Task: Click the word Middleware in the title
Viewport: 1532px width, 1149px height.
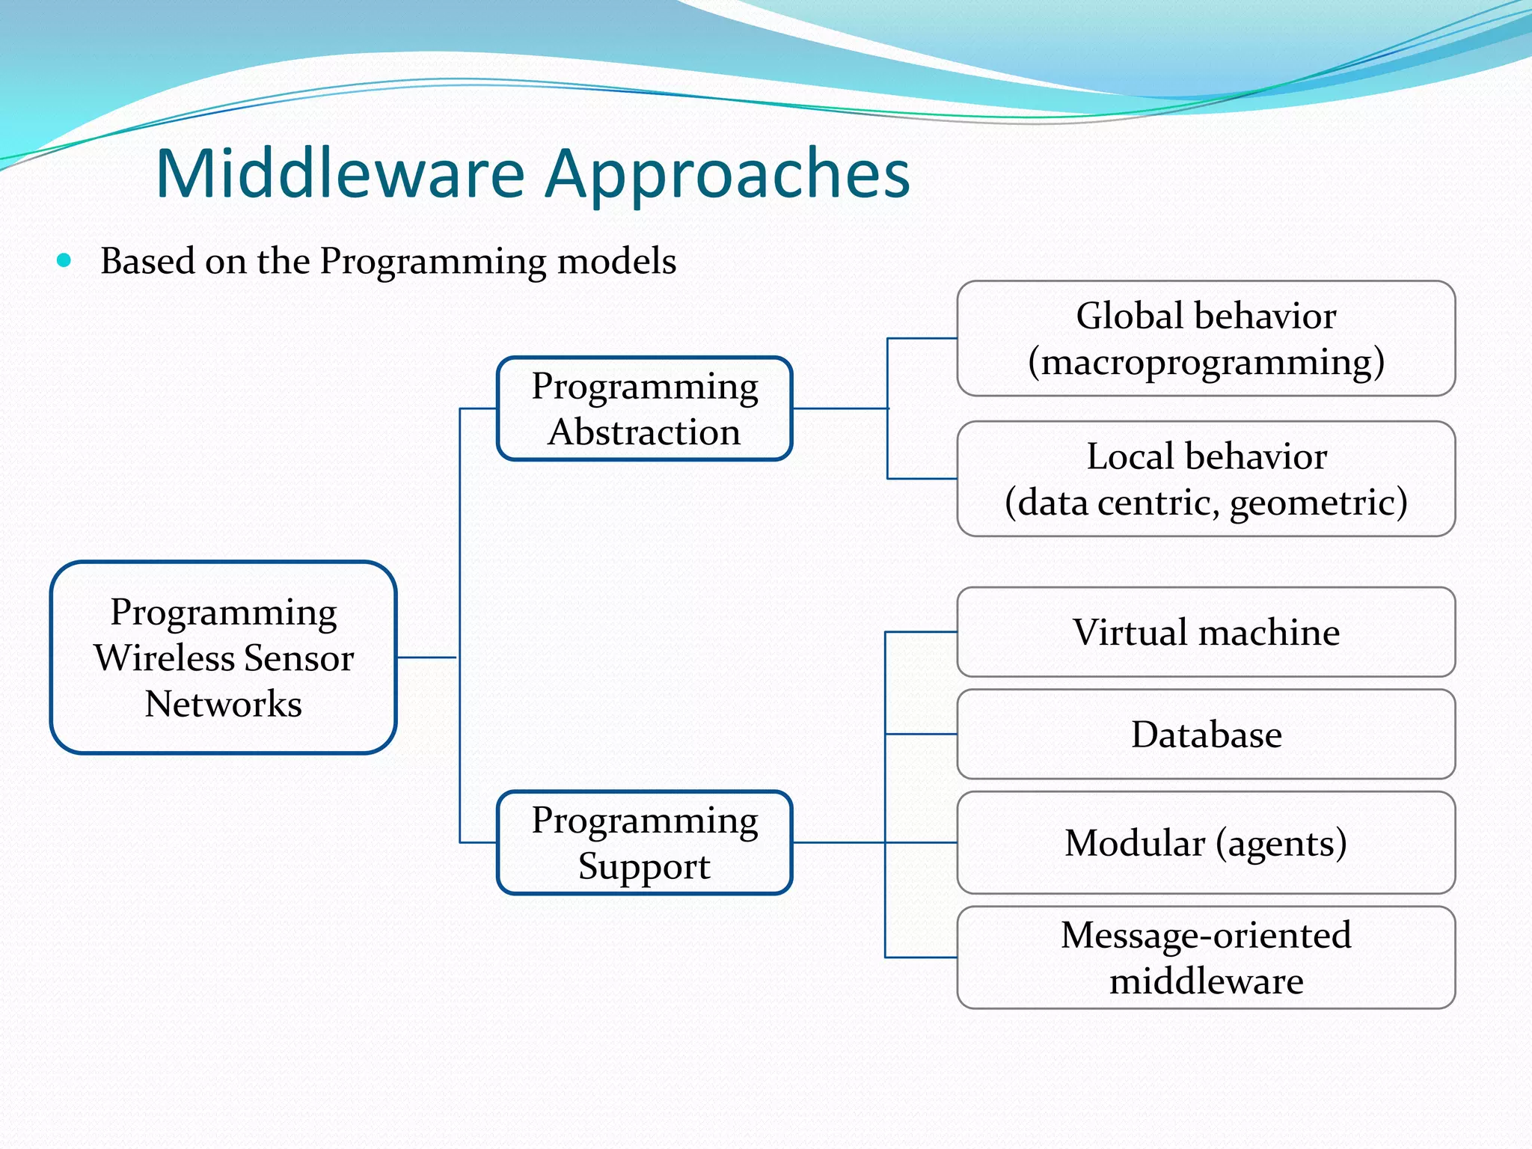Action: pyautogui.click(x=340, y=174)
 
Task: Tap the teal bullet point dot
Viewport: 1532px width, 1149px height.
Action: pyautogui.click(x=64, y=261)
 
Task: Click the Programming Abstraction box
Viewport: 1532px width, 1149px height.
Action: pyautogui.click(x=644, y=408)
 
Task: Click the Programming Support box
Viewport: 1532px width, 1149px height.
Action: pyautogui.click(x=644, y=842)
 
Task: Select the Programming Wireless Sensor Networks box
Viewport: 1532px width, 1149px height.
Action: pyautogui.click(x=223, y=658)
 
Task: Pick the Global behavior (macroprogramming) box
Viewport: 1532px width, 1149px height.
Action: pyautogui.click(x=1206, y=338)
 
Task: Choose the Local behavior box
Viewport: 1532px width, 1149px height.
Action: pyautogui.click(x=1206, y=479)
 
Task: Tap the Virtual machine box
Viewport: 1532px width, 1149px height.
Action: pyautogui.click(x=1206, y=632)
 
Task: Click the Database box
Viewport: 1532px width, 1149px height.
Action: pyautogui.click(x=1206, y=734)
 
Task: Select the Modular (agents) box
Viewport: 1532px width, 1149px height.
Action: pyautogui.click(x=1206, y=842)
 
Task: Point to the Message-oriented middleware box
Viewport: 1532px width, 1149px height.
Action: pyautogui.click(x=1206, y=957)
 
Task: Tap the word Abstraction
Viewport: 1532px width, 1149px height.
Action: pyautogui.click(x=644, y=432)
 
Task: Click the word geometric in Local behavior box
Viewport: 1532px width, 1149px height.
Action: pyautogui.click(x=1318, y=502)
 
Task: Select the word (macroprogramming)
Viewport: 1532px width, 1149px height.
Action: pyautogui.click(x=1206, y=362)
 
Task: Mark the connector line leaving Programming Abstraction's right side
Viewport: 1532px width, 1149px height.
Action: pyautogui.click(x=839, y=408)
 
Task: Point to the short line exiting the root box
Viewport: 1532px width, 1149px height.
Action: pyautogui.click(x=426, y=658)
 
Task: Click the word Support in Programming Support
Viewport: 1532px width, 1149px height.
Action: pyautogui.click(x=644, y=866)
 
